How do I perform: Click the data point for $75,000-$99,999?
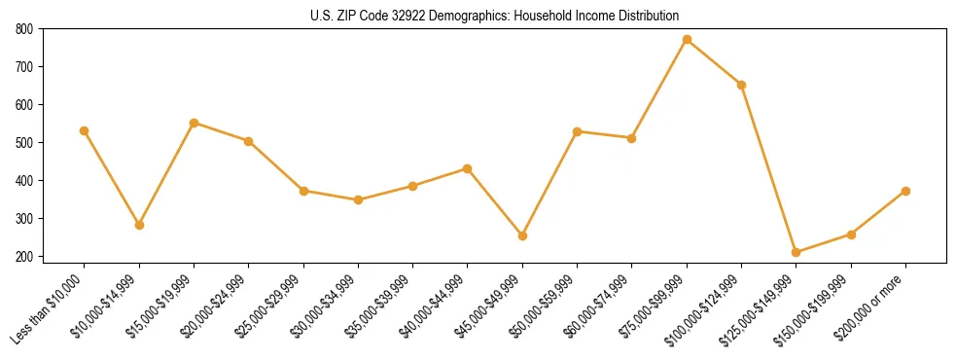pyautogui.click(x=687, y=40)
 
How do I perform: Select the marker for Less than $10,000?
pyautogui.click(x=85, y=130)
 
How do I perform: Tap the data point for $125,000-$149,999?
pyautogui.click(x=797, y=252)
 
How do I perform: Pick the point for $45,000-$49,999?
pyautogui.click(x=522, y=235)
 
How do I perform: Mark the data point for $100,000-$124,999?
pyautogui.click(x=742, y=85)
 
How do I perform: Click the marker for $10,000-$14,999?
pyautogui.click(x=139, y=225)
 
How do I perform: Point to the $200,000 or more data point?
pyautogui.click(x=905, y=191)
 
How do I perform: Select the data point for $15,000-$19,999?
pyautogui.click(x=195, y=123)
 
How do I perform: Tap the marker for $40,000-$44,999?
pyautogui.click(x=468, y=168)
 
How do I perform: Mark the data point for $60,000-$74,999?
pyautogui.click(x=632, y=138)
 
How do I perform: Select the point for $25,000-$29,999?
pyautogui.click(x=303, y=191)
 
